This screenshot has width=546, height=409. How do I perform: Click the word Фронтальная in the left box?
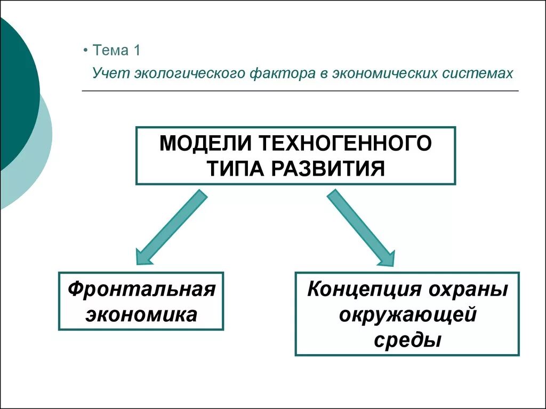point(141,290)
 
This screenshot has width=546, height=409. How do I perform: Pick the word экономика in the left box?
point(141,314)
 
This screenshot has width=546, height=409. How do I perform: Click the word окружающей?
point(407,314)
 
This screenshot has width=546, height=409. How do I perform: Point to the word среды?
point(407,339)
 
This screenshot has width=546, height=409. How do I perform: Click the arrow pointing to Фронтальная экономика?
point(170,228)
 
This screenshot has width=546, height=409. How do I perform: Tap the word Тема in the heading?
point(111,51)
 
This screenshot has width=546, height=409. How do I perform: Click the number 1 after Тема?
point(136,51)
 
